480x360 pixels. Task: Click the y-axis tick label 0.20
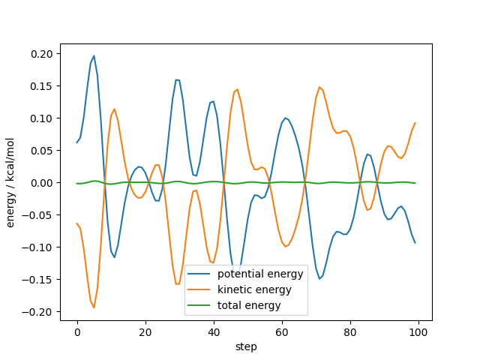(42, 54)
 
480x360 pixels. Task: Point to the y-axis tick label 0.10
(42, 118)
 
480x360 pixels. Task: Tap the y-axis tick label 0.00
(42, 183)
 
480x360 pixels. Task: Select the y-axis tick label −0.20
(40, 312)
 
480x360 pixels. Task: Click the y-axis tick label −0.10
(40, 247)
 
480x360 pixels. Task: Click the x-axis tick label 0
(77, 331)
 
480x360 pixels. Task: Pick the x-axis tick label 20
(145, 331)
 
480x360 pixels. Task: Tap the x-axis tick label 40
(214, 331)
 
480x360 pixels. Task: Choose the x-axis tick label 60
(282, 331)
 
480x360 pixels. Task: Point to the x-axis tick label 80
(350, 331)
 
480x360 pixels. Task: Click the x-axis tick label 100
(418, 331)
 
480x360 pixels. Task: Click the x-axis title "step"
(246, 346)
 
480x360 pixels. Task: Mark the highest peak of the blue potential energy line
(94, 55)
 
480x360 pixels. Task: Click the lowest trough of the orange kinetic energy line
(94, 307)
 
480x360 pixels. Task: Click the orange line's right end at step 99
(415, 123)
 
